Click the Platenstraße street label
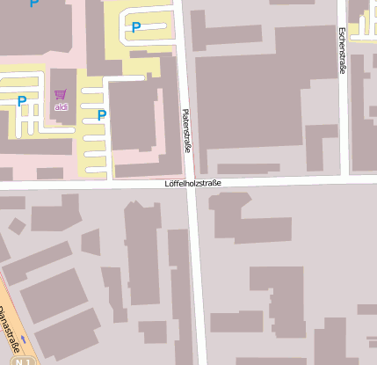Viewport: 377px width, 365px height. tap(186, 129)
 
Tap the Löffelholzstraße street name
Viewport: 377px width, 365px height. tap(193, 184)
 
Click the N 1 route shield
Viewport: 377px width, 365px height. tap(26, 361)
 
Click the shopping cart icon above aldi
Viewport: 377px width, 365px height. tap(61, 94)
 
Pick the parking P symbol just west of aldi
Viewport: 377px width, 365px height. tap(21, 101)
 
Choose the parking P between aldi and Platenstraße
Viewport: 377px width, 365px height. tap(102, 115)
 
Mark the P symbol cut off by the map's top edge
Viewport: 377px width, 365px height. tap(34, 4)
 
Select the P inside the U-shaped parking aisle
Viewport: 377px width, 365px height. tap(135, 27)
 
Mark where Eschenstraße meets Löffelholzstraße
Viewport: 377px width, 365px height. tap(345, 179)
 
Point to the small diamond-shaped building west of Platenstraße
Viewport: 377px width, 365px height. tap(17, 226)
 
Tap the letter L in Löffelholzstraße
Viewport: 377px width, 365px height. tap(167, 185)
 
